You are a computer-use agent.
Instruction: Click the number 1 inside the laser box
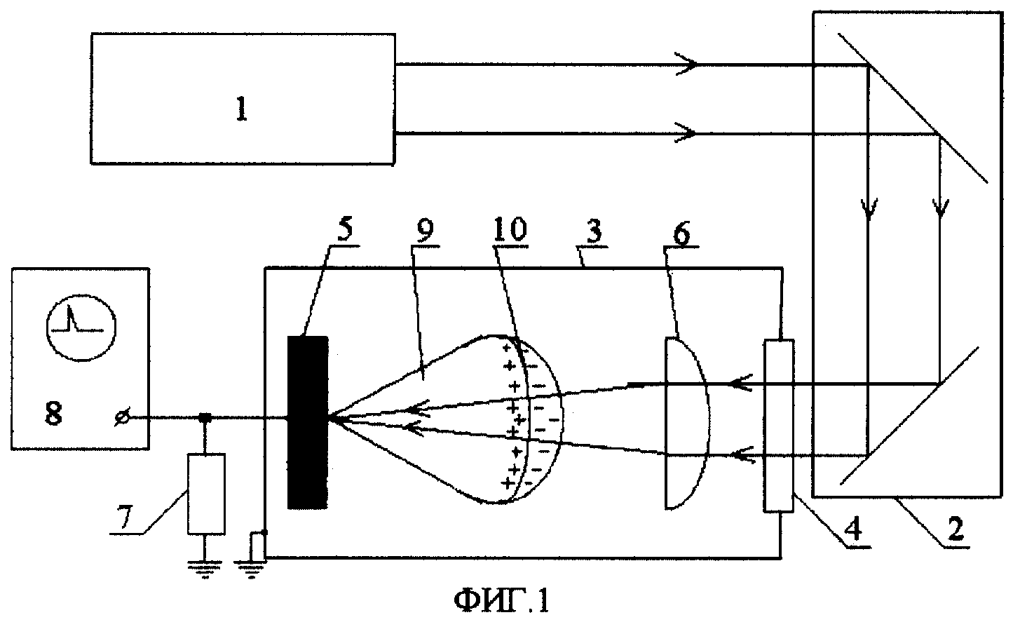pos(242,110)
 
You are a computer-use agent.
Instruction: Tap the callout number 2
pos(956,529)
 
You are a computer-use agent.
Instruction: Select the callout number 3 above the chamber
pos(594,231)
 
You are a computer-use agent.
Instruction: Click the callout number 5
pos(345,231)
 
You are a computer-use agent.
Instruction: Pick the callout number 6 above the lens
pos(681,234)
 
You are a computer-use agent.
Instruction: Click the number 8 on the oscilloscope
pos(53,412)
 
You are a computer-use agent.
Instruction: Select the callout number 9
pos(423,231)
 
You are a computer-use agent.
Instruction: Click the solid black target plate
pos(308,423)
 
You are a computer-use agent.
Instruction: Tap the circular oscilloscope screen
pos(81,327)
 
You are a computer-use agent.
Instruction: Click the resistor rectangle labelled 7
pos(206,494)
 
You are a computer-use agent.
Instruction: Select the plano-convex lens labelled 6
pos(686,423)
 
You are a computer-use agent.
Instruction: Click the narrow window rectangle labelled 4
pos(779,426)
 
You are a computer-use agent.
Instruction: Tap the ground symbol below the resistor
pos(206,569)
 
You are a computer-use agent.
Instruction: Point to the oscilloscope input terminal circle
pos(123,419)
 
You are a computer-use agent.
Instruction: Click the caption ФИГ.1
pos(501,601)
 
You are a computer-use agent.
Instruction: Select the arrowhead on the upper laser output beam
pos(686,65)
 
